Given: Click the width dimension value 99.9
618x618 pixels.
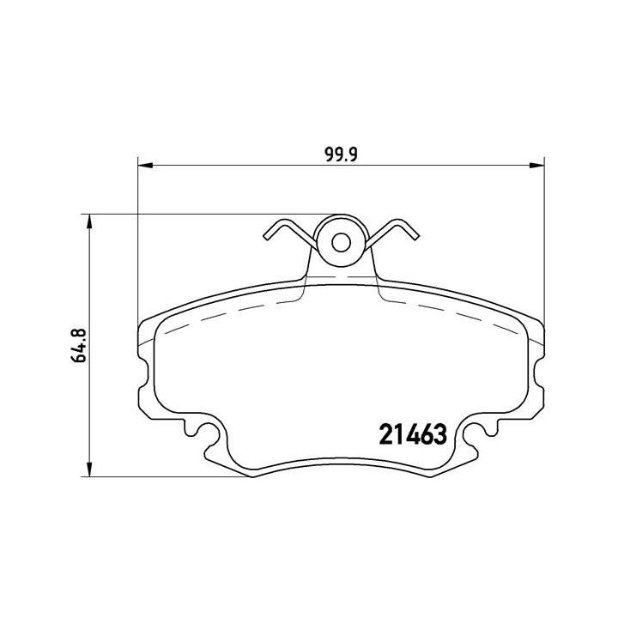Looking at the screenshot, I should click(x=341, y=154).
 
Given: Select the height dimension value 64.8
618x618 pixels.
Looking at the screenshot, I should click(x=82, y=345).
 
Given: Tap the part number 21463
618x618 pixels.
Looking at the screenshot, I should click(x=412, y=434).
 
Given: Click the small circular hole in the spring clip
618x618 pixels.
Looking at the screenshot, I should click(x=341, y=243).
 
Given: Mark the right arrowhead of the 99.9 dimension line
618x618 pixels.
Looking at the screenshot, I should click(x=538, y=165).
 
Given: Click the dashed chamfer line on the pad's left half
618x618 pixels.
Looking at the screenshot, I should click(x=223, y=313).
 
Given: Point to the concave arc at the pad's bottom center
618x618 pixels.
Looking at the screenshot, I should click(x=341, y=463).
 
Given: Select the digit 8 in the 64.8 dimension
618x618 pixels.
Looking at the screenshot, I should click(x=82, y=330).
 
